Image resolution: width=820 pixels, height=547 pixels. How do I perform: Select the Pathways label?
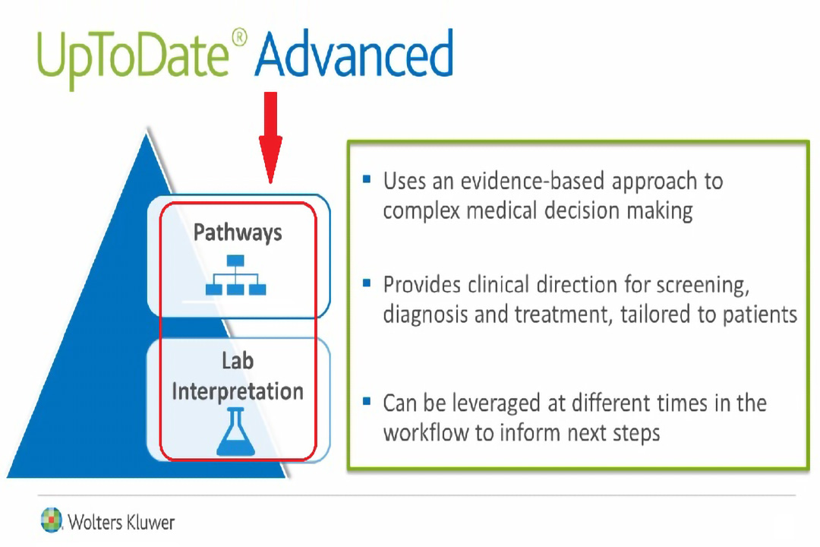pos(238,232)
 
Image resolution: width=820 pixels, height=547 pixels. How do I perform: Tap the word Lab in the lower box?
pos(237,361)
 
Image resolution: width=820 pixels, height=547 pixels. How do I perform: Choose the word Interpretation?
pos(238,391)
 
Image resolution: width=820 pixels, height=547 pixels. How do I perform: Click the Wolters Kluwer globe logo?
pos(52,520)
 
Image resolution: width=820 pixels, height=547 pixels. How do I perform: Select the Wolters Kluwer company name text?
pos(121,522)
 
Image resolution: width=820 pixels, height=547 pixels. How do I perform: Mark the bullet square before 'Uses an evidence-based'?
pos(367,180)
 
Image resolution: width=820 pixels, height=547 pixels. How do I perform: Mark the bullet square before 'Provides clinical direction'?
pos(367,283)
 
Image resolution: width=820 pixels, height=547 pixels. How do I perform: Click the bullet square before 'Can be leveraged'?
pos(367,401)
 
